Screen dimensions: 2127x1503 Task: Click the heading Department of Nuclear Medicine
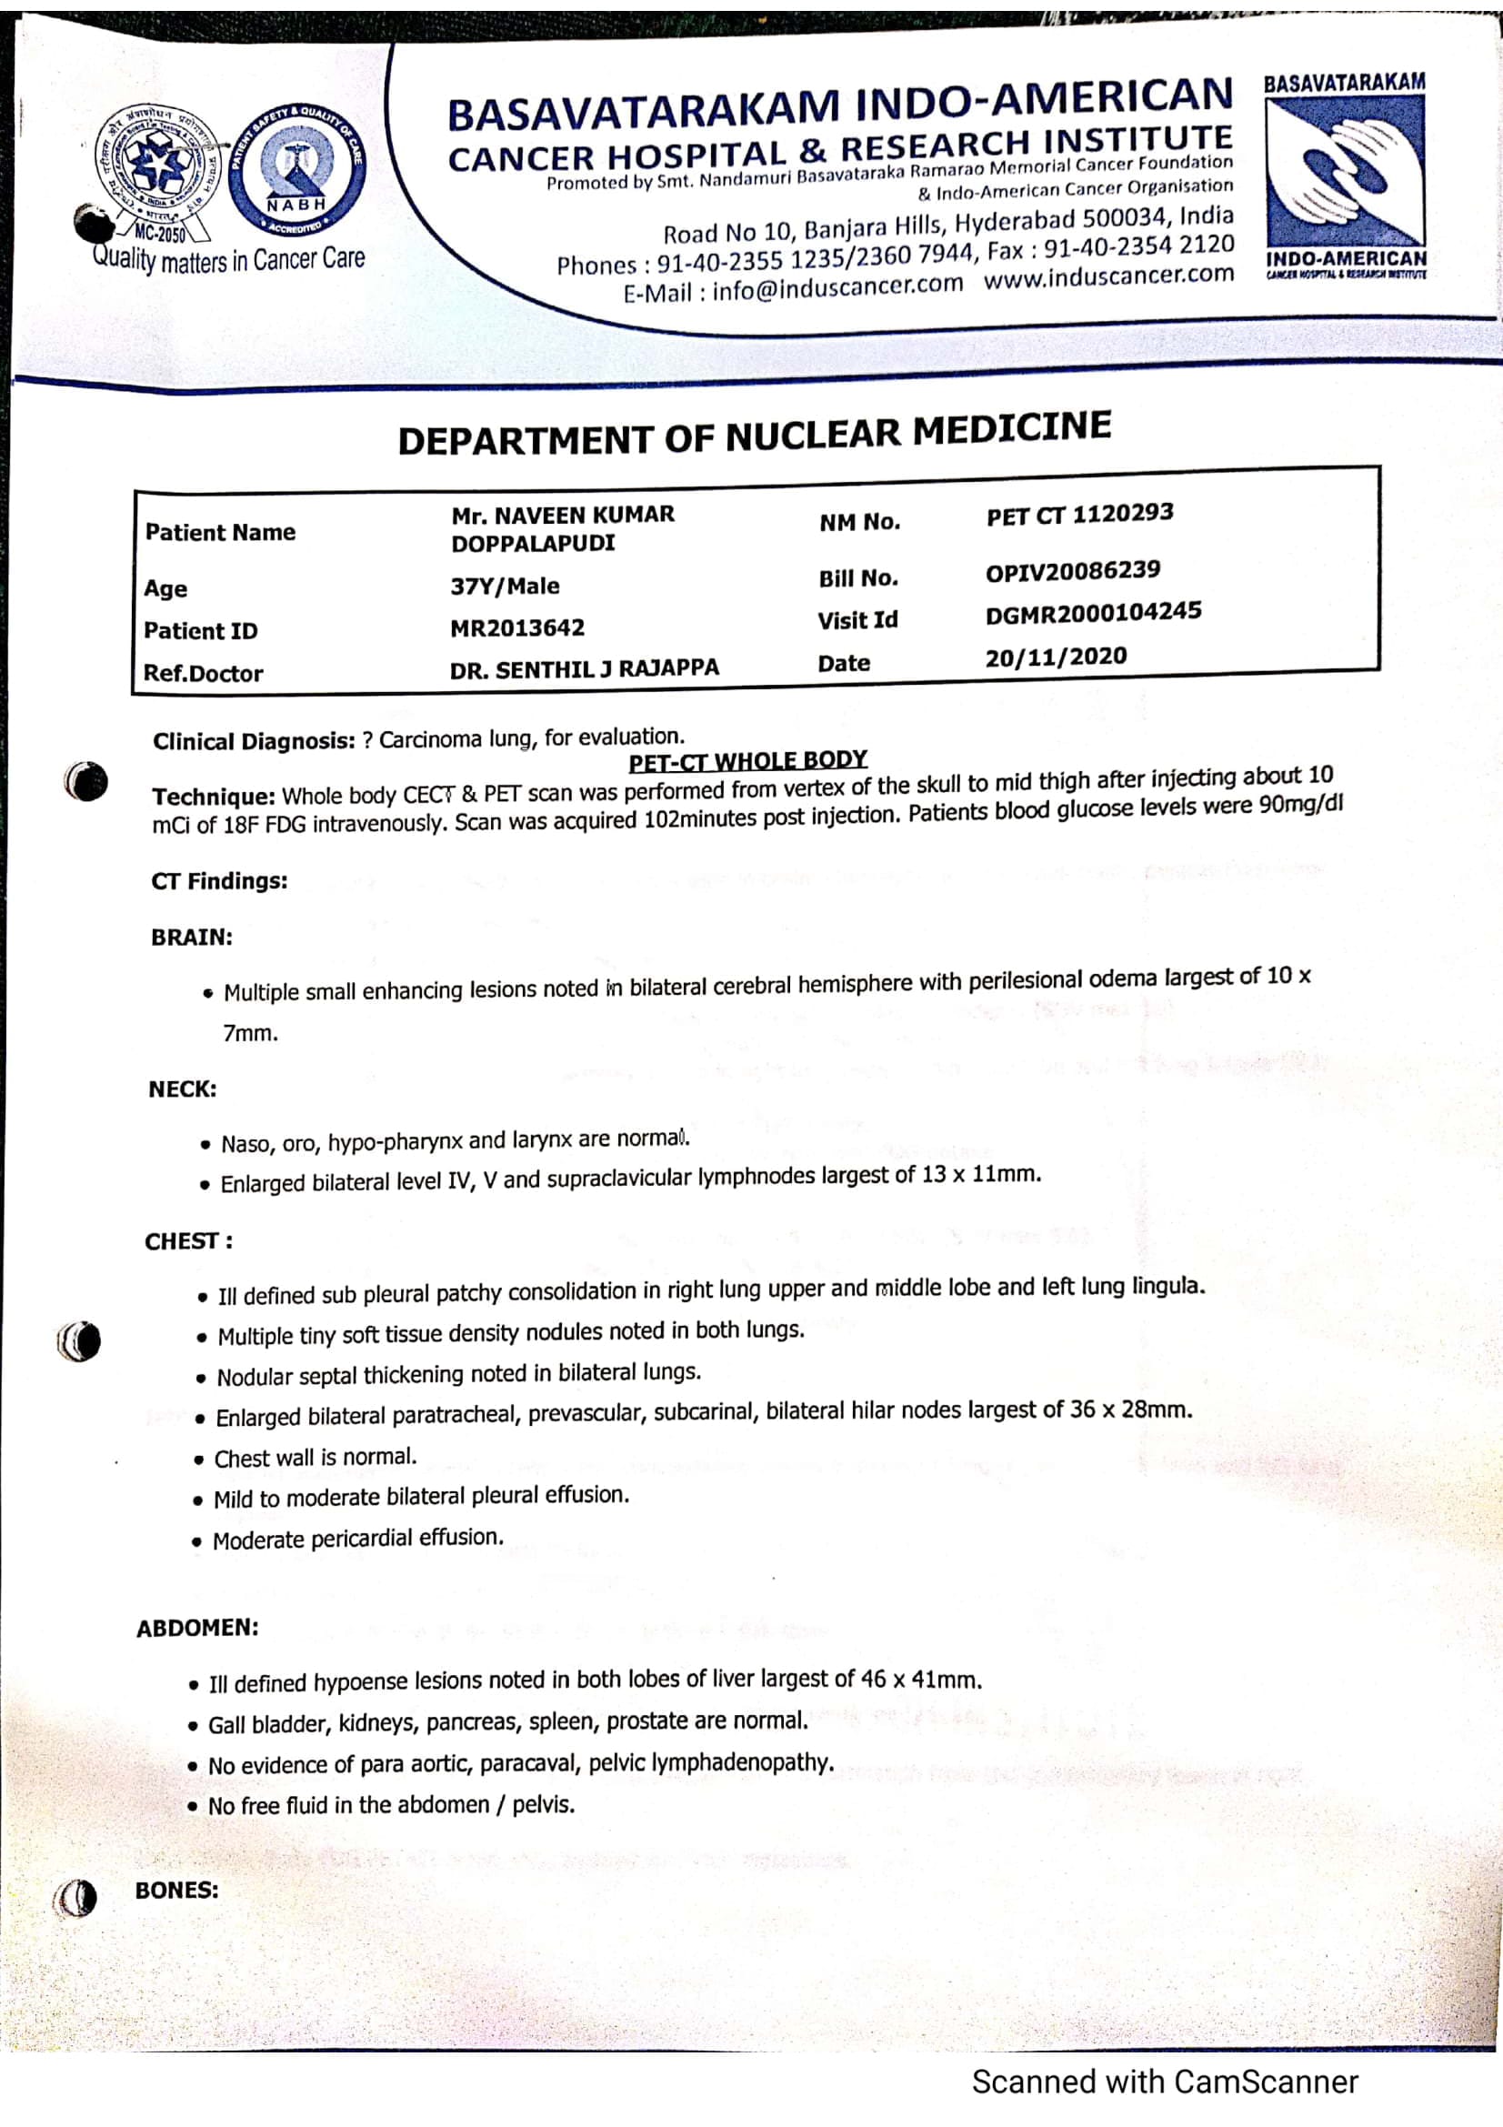point(754,434)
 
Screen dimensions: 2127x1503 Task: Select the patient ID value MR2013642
point(516,628)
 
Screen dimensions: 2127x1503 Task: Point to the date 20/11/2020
point(1056,657)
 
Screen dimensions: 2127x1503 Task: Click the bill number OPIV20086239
point(1072,571)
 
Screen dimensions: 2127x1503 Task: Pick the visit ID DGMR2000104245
point(1093,612)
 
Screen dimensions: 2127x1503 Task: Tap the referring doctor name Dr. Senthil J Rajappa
point(584,669)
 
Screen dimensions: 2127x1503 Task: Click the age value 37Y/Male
point(505,586)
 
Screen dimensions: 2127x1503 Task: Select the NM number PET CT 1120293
point(1080,514)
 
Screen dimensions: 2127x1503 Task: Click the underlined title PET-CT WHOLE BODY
point(747,761)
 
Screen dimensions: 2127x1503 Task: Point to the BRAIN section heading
point(192,938)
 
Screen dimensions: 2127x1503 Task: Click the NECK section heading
point(183,1089)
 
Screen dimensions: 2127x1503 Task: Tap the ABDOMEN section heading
point(197,1628)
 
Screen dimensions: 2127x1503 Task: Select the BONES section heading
point(177,1890)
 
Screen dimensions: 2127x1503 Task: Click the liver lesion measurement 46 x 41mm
point(920,1679)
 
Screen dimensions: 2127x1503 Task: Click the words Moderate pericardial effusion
point(358,1540)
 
